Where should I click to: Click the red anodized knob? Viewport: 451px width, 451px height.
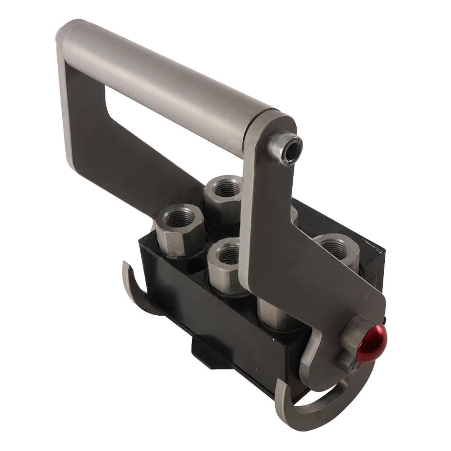[371, 345]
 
